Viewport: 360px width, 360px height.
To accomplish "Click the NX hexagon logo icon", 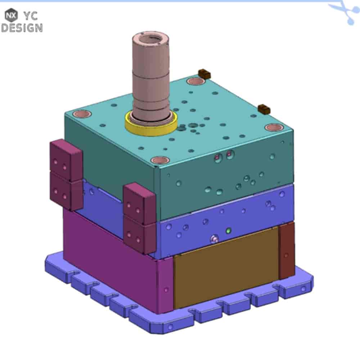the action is (11, 15).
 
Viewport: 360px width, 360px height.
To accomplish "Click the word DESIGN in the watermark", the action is (22, 28).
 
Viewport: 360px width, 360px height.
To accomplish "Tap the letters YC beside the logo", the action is (31, 16).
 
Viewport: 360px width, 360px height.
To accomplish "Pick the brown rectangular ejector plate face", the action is (226, 268).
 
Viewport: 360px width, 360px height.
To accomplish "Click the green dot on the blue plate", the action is (228, 230).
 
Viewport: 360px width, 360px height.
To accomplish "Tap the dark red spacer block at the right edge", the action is (287, 251).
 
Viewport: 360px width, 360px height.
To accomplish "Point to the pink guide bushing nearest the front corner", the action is (161, 160).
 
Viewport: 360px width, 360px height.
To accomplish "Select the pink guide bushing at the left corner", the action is (81, 114).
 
